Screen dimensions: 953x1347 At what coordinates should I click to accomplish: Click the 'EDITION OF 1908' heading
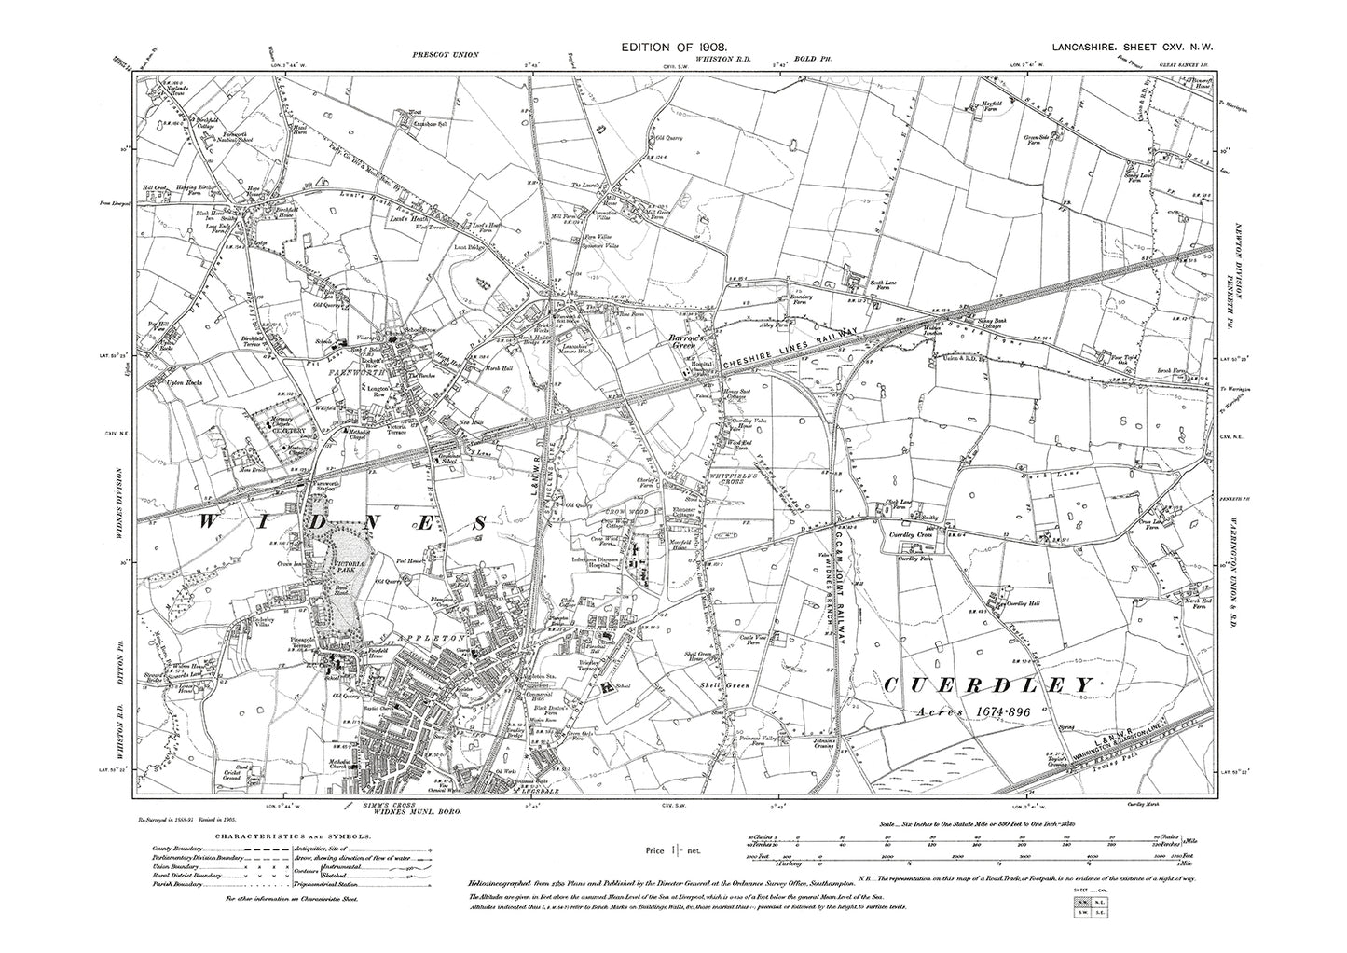[x=674, y=45]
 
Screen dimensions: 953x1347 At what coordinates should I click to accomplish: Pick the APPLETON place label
[x=426, y=628]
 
